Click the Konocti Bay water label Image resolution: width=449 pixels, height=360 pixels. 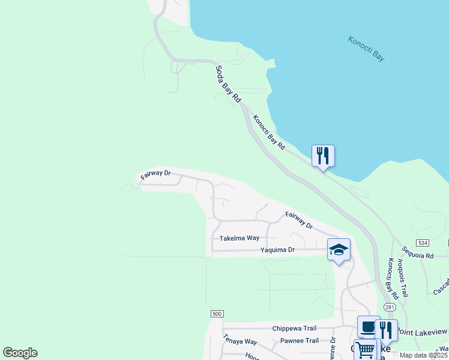pos(366,49)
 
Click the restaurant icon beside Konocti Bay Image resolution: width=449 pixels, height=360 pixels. pos(323,156)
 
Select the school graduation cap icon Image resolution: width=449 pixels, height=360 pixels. pos(339,250)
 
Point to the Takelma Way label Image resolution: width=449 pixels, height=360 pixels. pos(239,238)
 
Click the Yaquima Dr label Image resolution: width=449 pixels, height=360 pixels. pos(278,250)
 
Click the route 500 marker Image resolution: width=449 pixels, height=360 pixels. pos(217,313)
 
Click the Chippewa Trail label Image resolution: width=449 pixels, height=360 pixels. pos(294,328)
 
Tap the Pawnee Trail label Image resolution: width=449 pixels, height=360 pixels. pos(300,341)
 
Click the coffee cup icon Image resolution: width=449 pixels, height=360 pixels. pos(368,327)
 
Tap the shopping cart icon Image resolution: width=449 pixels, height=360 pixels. pos(365,350)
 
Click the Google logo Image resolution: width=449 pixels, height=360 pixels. pos(20,353)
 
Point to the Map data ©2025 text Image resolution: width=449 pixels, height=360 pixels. pos(424,355)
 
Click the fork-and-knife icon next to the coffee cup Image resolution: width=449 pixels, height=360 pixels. pos(386,330)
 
